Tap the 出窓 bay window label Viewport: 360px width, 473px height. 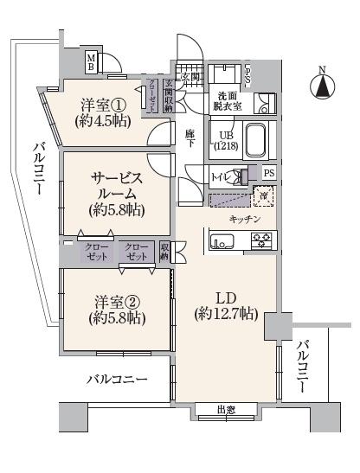click(x=226, y=411)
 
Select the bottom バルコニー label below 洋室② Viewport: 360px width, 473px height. click(x=116, y=380)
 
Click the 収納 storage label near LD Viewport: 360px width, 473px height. click(x=165, y=252)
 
